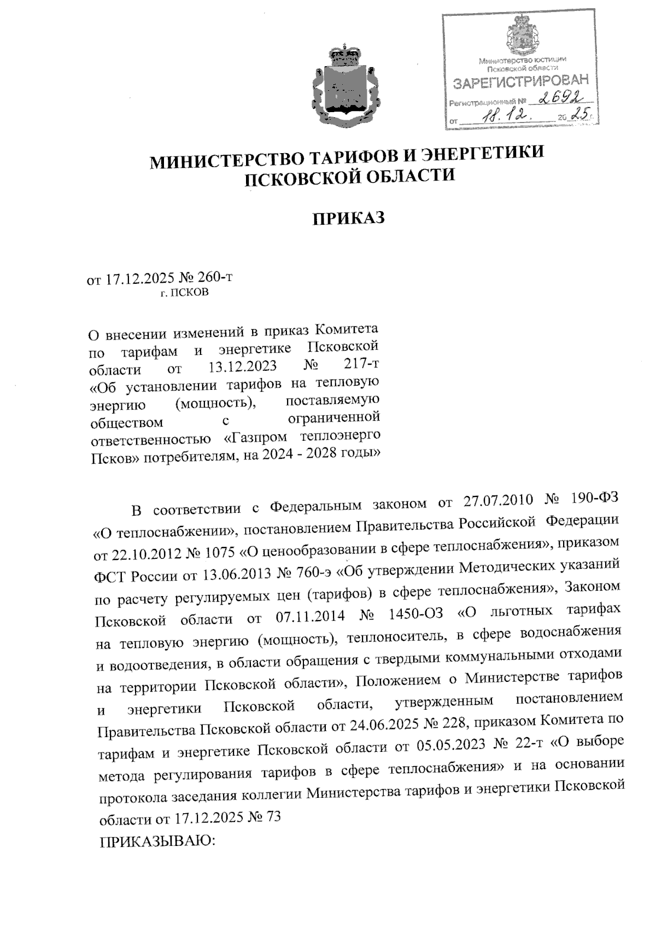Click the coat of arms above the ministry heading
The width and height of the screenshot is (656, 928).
[345, 87]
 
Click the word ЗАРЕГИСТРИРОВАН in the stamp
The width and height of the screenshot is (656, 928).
[521, 81]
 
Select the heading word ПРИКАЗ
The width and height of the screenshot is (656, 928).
[349, 218]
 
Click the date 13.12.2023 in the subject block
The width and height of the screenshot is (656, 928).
[243, 366]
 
